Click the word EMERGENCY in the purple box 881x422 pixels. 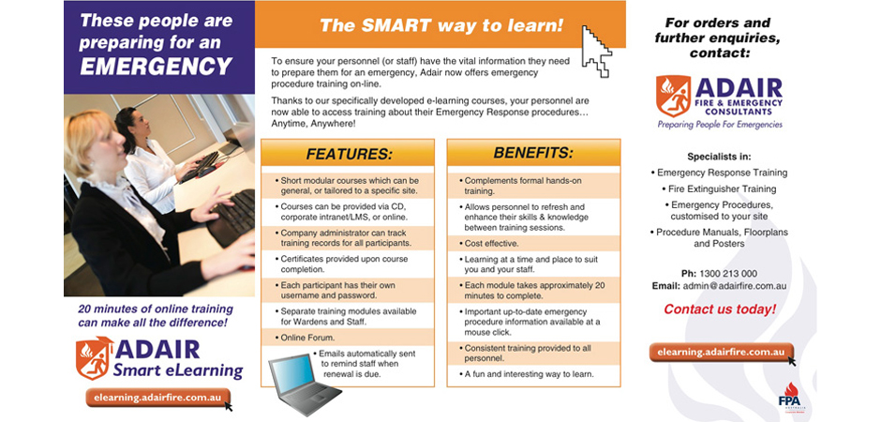pos(157,66)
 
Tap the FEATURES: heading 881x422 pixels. pos(349,154)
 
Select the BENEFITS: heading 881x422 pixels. pos(534,153)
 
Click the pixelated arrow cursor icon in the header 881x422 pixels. pos(596,52)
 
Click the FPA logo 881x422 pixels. pos(791,396)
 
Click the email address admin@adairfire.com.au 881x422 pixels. pos(735,285)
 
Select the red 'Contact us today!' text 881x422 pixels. pos(720,309)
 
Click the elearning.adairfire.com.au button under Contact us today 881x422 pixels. pos(722,353)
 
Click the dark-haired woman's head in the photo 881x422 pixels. pos(131,125)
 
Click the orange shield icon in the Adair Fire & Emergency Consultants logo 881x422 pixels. pos(673,96)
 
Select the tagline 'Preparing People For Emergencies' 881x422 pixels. pos(720,124)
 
